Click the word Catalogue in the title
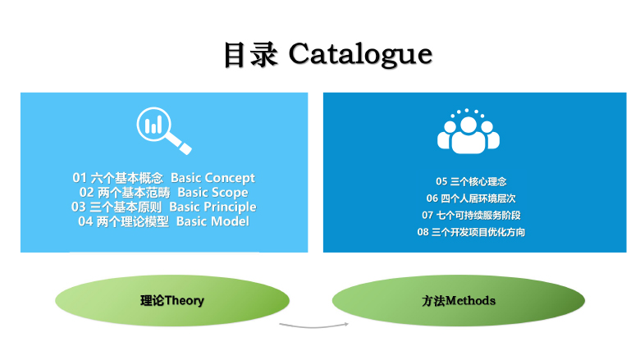(x=360, y=55)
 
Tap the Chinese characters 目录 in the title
(x=251, y=54)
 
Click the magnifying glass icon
(x=163, y=130)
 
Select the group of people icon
(x=469, y=131)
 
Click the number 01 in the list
(x=80, y=178)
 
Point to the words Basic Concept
(x=213, y=178)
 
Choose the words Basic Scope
(x=213, y=193)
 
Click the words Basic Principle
(x=213, y=207)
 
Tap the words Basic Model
(x=213, y=221)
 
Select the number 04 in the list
(x=85, y=221)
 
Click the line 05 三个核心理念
(x=471, y=181)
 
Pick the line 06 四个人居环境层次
(x=471, y=198)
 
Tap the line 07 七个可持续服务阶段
(x=471, y=216)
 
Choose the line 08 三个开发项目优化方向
(x=471, y=232)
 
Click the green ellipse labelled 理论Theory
(x=172, y=300)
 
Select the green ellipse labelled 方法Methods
(x=459, y=300)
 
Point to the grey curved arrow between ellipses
(x=314, y=326)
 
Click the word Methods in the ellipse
(x=470, y=301)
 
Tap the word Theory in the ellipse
(x=185, y=301)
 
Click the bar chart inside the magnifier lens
(x=153, y=125)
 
